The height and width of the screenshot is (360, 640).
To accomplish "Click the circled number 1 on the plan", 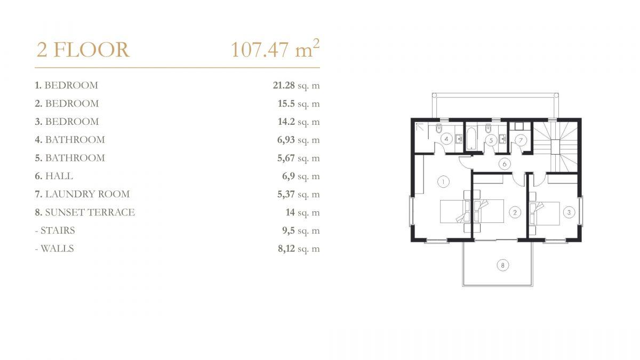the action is coord(443,182).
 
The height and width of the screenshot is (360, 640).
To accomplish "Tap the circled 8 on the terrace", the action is coord(502,266).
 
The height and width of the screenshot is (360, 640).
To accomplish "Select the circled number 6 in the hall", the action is coord(505,164).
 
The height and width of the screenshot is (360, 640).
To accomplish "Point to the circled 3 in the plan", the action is coord(569,212).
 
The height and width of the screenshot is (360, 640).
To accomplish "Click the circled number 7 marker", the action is coord(521,140).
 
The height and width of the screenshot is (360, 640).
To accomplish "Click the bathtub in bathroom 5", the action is coord(471,139).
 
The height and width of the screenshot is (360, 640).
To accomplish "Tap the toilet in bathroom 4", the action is coord(439,129).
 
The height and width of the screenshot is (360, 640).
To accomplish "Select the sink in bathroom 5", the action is coord(503,139).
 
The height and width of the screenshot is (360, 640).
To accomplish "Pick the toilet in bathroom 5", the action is coord(488,129).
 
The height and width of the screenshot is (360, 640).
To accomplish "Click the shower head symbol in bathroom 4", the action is coord(419,127).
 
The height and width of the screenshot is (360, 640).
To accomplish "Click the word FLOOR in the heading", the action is coord(91,50).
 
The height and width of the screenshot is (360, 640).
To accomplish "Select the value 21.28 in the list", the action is coord(284,85).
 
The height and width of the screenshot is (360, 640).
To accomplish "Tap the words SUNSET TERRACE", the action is coord(90,212).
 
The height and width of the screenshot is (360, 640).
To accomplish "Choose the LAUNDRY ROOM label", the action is coord(87,194).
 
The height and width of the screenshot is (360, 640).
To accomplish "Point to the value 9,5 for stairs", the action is coord(289,230).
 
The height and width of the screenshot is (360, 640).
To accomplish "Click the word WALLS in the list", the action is coord(57,249).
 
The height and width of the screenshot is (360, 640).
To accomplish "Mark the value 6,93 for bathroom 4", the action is coord(286,140).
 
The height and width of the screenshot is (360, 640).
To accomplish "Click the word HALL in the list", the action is coord(59,176).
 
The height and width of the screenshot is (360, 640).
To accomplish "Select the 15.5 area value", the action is coord(286,103).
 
